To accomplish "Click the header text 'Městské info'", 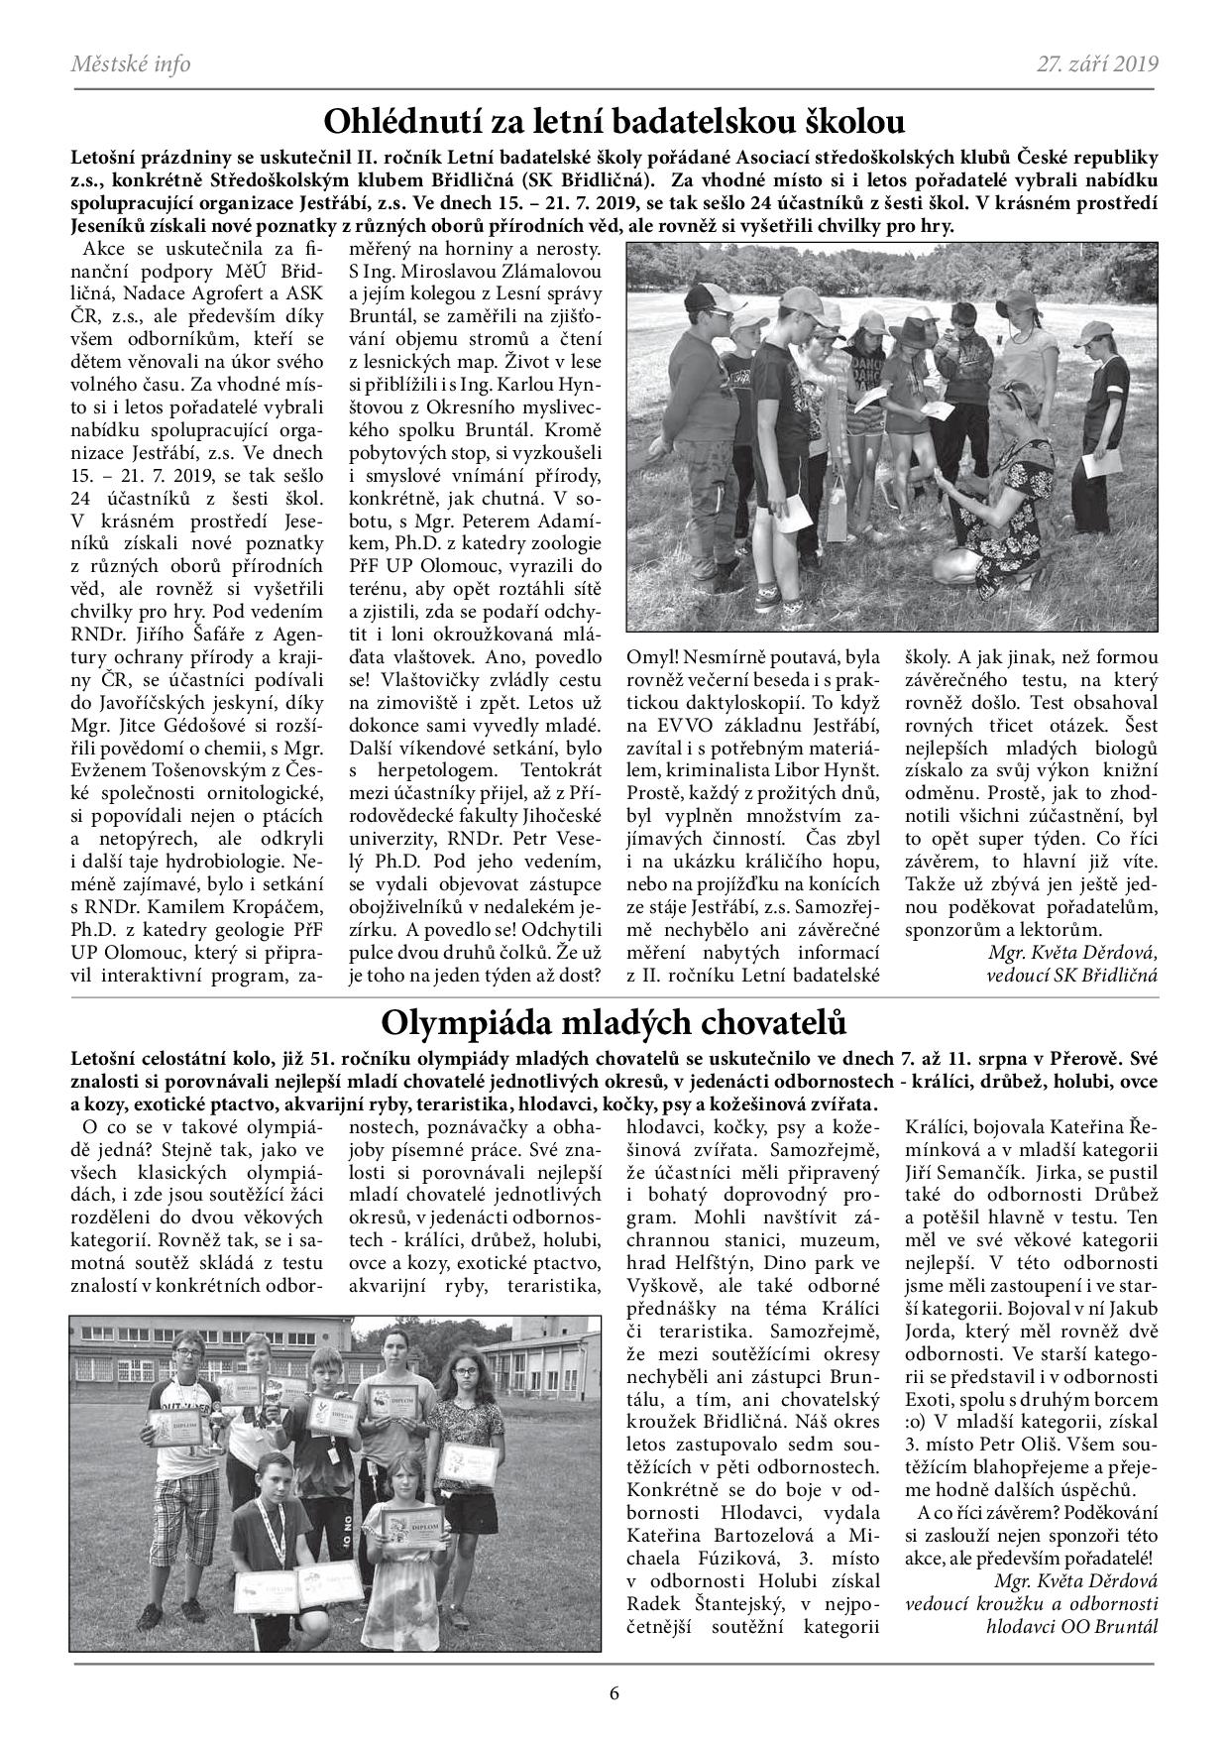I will click(131, 65).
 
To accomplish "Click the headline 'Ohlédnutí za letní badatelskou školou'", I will click(614, 123).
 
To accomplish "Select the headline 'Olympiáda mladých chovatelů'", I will click(614, 1021).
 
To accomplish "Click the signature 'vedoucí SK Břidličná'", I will click(1071, 974).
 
